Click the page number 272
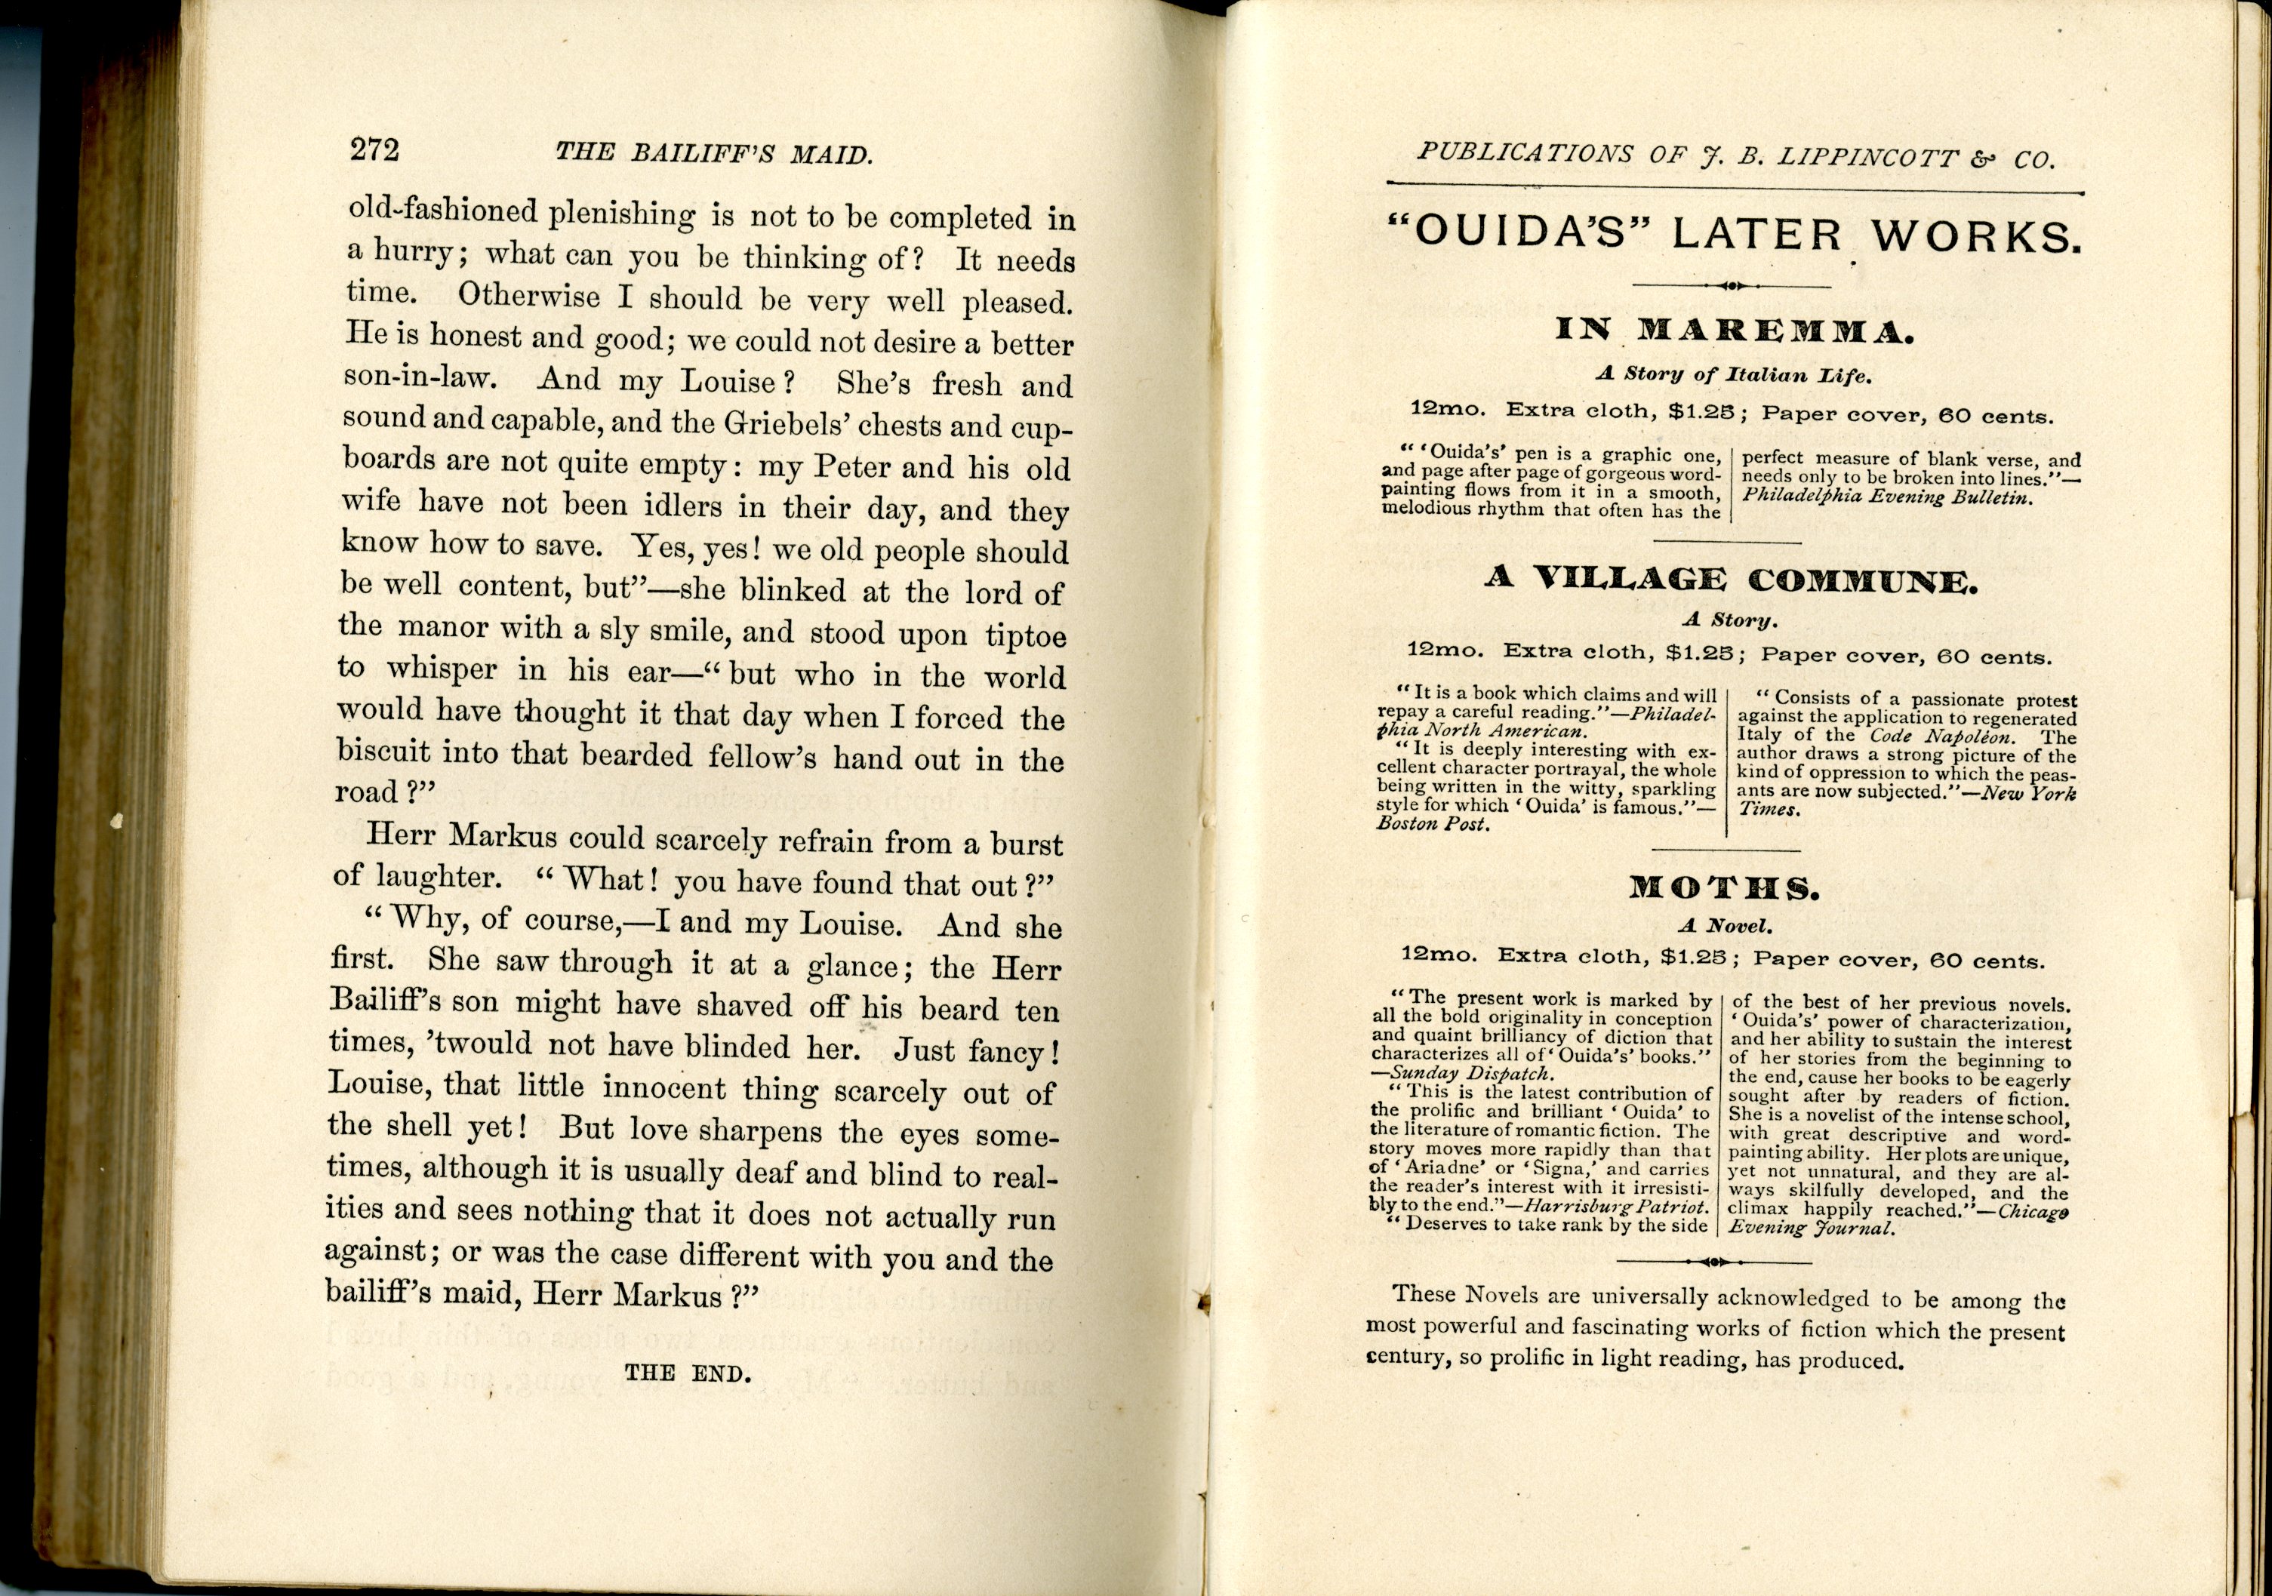click(374, 149)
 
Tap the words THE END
click(688, 1373)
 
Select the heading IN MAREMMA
click(1734, 331)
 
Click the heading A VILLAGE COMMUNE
click(1731, 579)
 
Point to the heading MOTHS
click(1724, 887)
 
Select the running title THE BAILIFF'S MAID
click(713, 153)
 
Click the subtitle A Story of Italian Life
click(1734, 375)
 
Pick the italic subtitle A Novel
click(1724, 927)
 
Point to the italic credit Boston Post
click(1433, 824)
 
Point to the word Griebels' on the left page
click(798, 423)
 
